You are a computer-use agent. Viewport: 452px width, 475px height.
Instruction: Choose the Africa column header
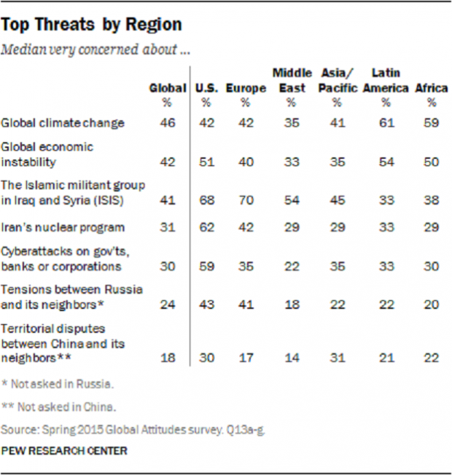(431, 88)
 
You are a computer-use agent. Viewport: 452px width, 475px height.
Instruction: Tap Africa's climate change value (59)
(431, 123)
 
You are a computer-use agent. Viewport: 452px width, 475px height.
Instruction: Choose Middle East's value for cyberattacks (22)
(292, 265)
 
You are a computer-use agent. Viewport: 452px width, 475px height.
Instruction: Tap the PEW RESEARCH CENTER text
(64, 451)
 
